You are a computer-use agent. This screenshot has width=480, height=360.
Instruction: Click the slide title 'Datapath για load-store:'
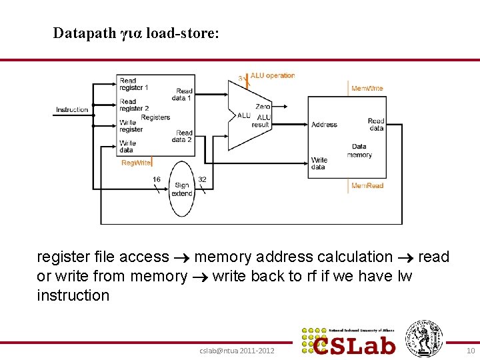[135, 33]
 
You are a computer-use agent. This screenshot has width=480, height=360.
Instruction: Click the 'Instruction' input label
[72, 109]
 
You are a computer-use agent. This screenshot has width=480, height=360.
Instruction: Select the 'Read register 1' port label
[133, 84]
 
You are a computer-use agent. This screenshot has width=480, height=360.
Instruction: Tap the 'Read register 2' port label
[133, 105]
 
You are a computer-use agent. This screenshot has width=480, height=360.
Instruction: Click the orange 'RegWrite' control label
[136, 163]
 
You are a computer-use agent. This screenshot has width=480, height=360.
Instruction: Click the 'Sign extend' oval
[181, 189]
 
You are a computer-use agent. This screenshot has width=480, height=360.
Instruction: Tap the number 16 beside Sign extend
[156, 179]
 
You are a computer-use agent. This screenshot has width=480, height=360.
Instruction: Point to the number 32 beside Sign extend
[202, 179]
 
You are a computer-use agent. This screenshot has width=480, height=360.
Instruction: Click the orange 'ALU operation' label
[273, 76]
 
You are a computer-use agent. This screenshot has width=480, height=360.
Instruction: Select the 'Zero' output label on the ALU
[263, 106]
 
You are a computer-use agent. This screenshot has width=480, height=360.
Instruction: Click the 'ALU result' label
[261, 121]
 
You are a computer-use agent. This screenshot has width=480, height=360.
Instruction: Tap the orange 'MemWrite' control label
[367, 88]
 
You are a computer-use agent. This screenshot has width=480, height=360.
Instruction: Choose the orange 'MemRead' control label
[367, 185]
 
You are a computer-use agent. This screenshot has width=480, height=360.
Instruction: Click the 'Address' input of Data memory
[324, 125]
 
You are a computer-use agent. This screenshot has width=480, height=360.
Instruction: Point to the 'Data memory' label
[359, 151]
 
